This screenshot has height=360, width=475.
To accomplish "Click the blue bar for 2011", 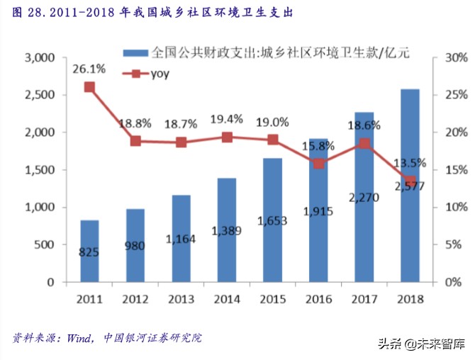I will (89, 251).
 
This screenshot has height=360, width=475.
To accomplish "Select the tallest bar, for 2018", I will (410, 186).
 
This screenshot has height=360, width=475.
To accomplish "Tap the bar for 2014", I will (227, 230).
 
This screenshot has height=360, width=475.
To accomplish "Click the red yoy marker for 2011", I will (89, 87).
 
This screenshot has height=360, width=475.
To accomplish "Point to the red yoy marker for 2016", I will (318, 164).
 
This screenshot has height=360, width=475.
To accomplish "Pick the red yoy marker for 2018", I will (410, 181).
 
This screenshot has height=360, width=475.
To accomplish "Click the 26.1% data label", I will (89, 69).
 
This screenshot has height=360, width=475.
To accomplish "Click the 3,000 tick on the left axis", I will (40, 57).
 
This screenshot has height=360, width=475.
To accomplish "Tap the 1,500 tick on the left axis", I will (40, 170).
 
